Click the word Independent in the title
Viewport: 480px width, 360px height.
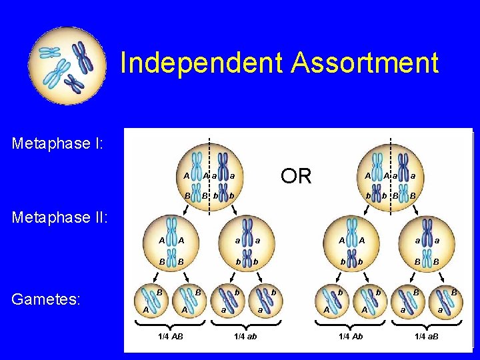pyautogui.click(x=201, y=63)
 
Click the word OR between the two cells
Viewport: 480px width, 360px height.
pyautogui.click(x=296, y=176)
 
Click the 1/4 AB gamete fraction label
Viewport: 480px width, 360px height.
pyautogui.click(x=170, y=335)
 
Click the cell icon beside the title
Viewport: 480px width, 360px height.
pyautogui.click(x=67, y=66)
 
